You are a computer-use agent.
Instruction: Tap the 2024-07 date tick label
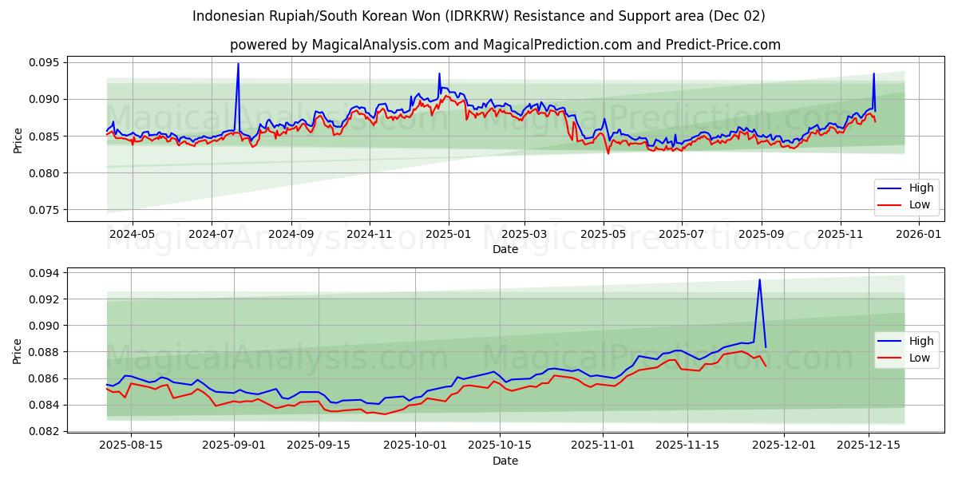point(212,234)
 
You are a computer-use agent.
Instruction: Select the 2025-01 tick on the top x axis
point(448,234)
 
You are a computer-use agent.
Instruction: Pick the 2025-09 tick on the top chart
point(762,234)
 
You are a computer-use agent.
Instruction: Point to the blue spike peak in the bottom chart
point(759,279)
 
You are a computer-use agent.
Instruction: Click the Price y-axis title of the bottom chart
point(18,351)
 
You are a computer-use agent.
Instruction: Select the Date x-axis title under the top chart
point(505,249)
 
